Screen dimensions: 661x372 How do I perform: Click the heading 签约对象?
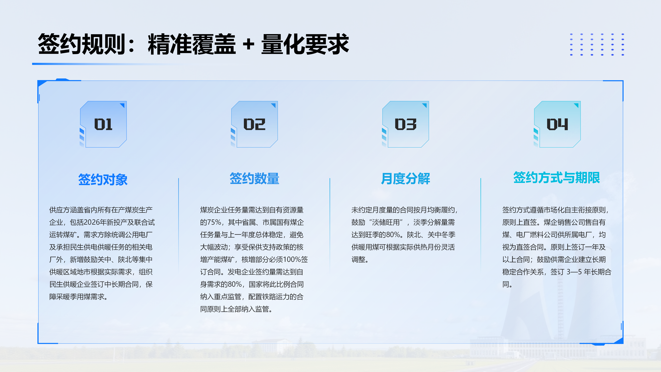point(103,179)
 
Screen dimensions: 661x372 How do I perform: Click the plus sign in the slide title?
point(248,44)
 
